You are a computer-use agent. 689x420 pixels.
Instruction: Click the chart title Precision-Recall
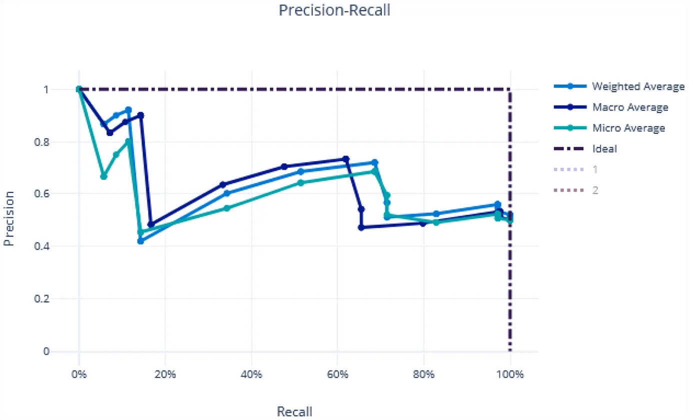pyautogui.click(x=334, y=11)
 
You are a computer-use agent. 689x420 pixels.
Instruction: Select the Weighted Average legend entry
pyautogui.click(x=637, y=86)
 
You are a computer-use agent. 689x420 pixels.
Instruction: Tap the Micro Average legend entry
pyautogui.click(x=628, y=128)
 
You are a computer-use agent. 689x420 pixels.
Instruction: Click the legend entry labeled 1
pyautogui.click(x=594, y=170)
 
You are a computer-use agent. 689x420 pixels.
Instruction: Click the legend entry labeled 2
pyautogui.click(x=594, y=190)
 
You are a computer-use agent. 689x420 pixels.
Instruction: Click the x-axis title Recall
pyautogui.click(x=294, y=412)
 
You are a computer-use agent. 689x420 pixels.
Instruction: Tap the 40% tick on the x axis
pyautogui.click(x=251, y=374)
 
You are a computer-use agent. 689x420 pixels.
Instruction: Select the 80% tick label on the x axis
pyautogui.click(x=423, y=374)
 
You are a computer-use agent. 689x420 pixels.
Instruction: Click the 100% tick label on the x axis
pyautogui.click(x=510, y=374)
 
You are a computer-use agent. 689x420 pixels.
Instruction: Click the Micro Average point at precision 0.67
pyautogui.click(x=103, y=176)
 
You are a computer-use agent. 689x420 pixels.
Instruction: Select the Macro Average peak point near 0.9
pyautogui.click(x=140, y=115)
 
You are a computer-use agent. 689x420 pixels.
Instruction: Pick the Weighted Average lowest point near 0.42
pyautogui.click(x=140, y=241)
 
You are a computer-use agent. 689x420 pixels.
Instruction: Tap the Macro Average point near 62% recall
pyautogui.click(x=346, y=159)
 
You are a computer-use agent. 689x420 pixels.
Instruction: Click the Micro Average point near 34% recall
pyautogui.click(x=226, y=208)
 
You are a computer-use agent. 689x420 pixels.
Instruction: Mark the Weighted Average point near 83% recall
pyautogui.click(x=436, y=214)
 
